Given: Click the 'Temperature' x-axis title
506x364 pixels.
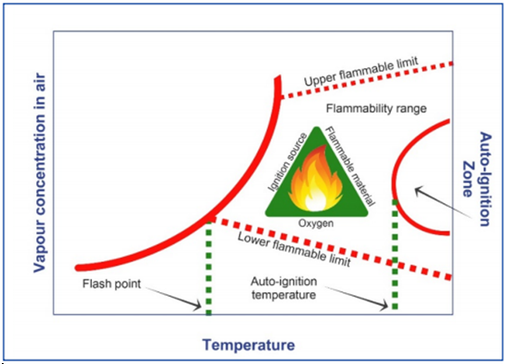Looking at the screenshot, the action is tap(249, 345).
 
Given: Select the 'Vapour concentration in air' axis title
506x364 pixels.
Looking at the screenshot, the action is tap(40, 173).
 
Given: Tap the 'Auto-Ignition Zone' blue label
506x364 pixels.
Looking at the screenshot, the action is tap(477, 179).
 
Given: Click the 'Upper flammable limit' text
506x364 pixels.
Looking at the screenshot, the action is tap(362, 72).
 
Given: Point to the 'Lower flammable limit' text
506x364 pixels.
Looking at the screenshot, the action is tap(294, 250).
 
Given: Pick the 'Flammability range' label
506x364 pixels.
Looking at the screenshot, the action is tap(376, 109).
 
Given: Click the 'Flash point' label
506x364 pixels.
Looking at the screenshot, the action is tap(112, 284).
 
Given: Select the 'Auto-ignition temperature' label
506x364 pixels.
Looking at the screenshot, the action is tap(283, 288).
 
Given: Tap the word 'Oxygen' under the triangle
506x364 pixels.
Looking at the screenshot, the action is tap(315, 223).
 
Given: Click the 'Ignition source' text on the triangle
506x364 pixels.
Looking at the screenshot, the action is tap(288, 162).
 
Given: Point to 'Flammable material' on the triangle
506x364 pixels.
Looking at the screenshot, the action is tap(350, 166).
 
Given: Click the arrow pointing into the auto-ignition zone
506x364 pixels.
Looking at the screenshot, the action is tap(442, 202).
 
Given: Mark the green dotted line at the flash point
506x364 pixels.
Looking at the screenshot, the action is tap(209, 267).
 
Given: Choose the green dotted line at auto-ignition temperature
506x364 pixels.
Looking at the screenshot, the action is tap(394, 255).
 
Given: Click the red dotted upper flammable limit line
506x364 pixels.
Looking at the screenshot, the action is tap(366, 80).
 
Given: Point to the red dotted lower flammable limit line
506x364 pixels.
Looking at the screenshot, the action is tap(331, 249).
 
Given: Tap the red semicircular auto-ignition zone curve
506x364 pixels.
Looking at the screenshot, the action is tap(393, 178).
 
